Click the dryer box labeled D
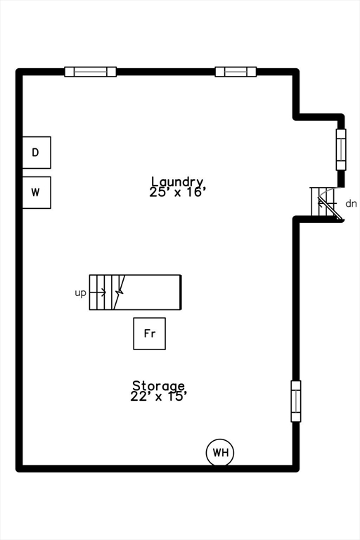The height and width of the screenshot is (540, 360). point(37,153)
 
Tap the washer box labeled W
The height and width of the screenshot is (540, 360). point(37,192)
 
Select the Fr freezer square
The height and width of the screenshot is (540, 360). point(150,333)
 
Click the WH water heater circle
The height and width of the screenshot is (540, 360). point(220,453)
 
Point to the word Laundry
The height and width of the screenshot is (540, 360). point(177,181)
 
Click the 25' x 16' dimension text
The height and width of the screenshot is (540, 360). point(177,191)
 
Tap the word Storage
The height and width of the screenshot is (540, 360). point(159,385)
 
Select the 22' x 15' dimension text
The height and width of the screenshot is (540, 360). point(159,396)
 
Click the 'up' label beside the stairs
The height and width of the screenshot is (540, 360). point(81,292)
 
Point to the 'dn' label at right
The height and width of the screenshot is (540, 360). point(351,204)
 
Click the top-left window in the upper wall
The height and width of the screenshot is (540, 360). point(91,71)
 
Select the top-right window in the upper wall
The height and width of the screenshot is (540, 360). point(236,71)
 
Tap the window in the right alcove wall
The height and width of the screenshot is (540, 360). point(341,150)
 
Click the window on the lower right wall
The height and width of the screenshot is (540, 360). point(296,401)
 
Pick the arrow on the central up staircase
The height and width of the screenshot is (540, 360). point(98,292)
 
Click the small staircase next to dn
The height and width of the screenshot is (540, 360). point(326,204)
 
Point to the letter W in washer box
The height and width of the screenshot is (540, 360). point(36,191)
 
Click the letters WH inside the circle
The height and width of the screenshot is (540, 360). point(221,453)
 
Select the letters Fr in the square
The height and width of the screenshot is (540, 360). point(150,333)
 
